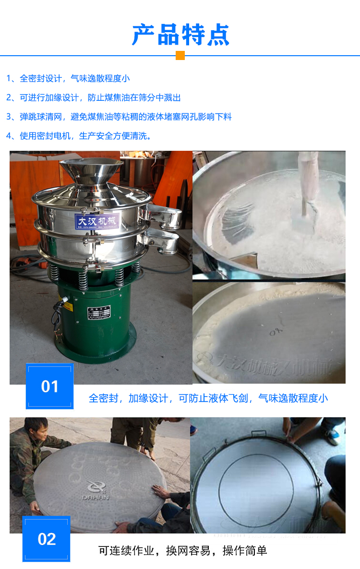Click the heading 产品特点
click(x=180, y=34)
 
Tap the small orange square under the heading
click(x=180, y=56)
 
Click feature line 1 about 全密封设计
click(x=68, y=78)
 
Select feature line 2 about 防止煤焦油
click(x=94, y=97)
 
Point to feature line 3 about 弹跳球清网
click(x=119, y=117)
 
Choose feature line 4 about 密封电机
click(x=79, y=136)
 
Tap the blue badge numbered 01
click(x=49, y=387)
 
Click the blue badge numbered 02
click(x=47, y=539)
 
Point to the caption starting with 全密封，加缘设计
click(x=208, y=398)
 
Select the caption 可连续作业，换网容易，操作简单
click(x=182, y=550)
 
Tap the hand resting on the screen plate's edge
click(x=160, y=491)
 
